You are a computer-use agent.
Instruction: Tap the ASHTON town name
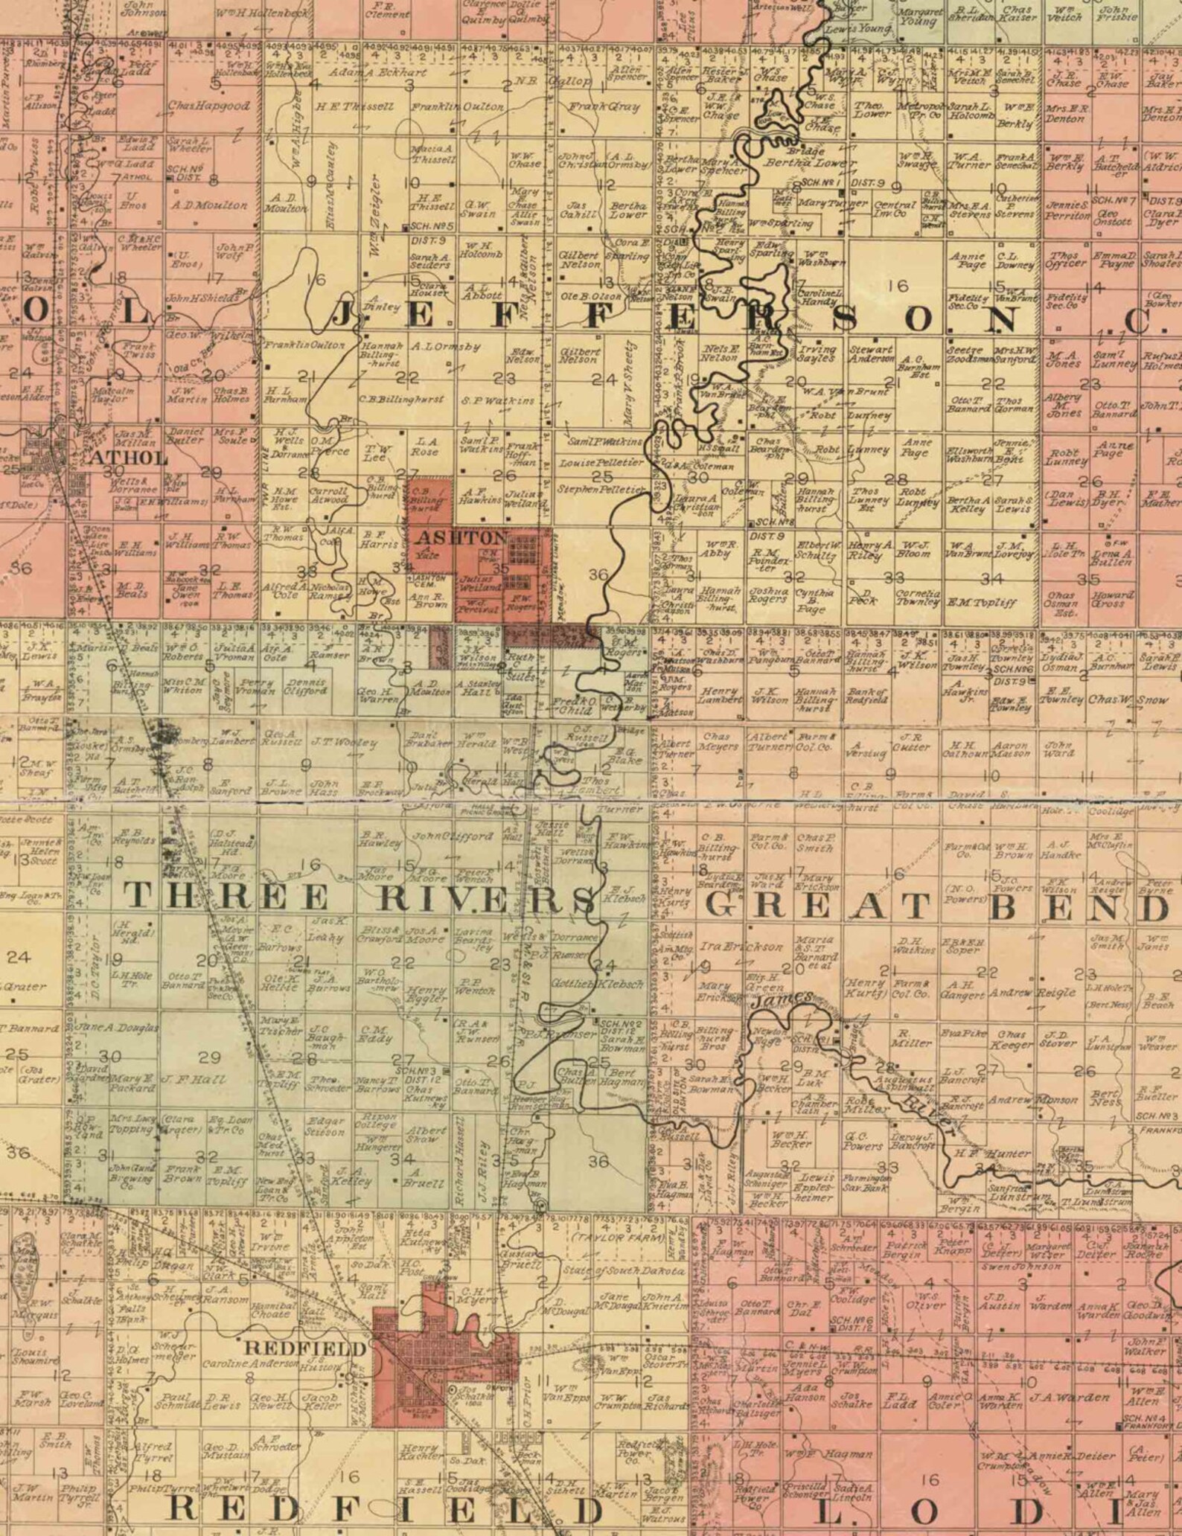click(x=461, y=537)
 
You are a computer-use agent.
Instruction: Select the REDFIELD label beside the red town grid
click(x=305, y=1348)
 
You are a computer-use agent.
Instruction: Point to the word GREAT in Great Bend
click(x=817, y=906)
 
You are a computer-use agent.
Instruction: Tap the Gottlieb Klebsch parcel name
click(x=596, y=984)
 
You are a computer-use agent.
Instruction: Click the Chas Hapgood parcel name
click(x=208, y=106)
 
